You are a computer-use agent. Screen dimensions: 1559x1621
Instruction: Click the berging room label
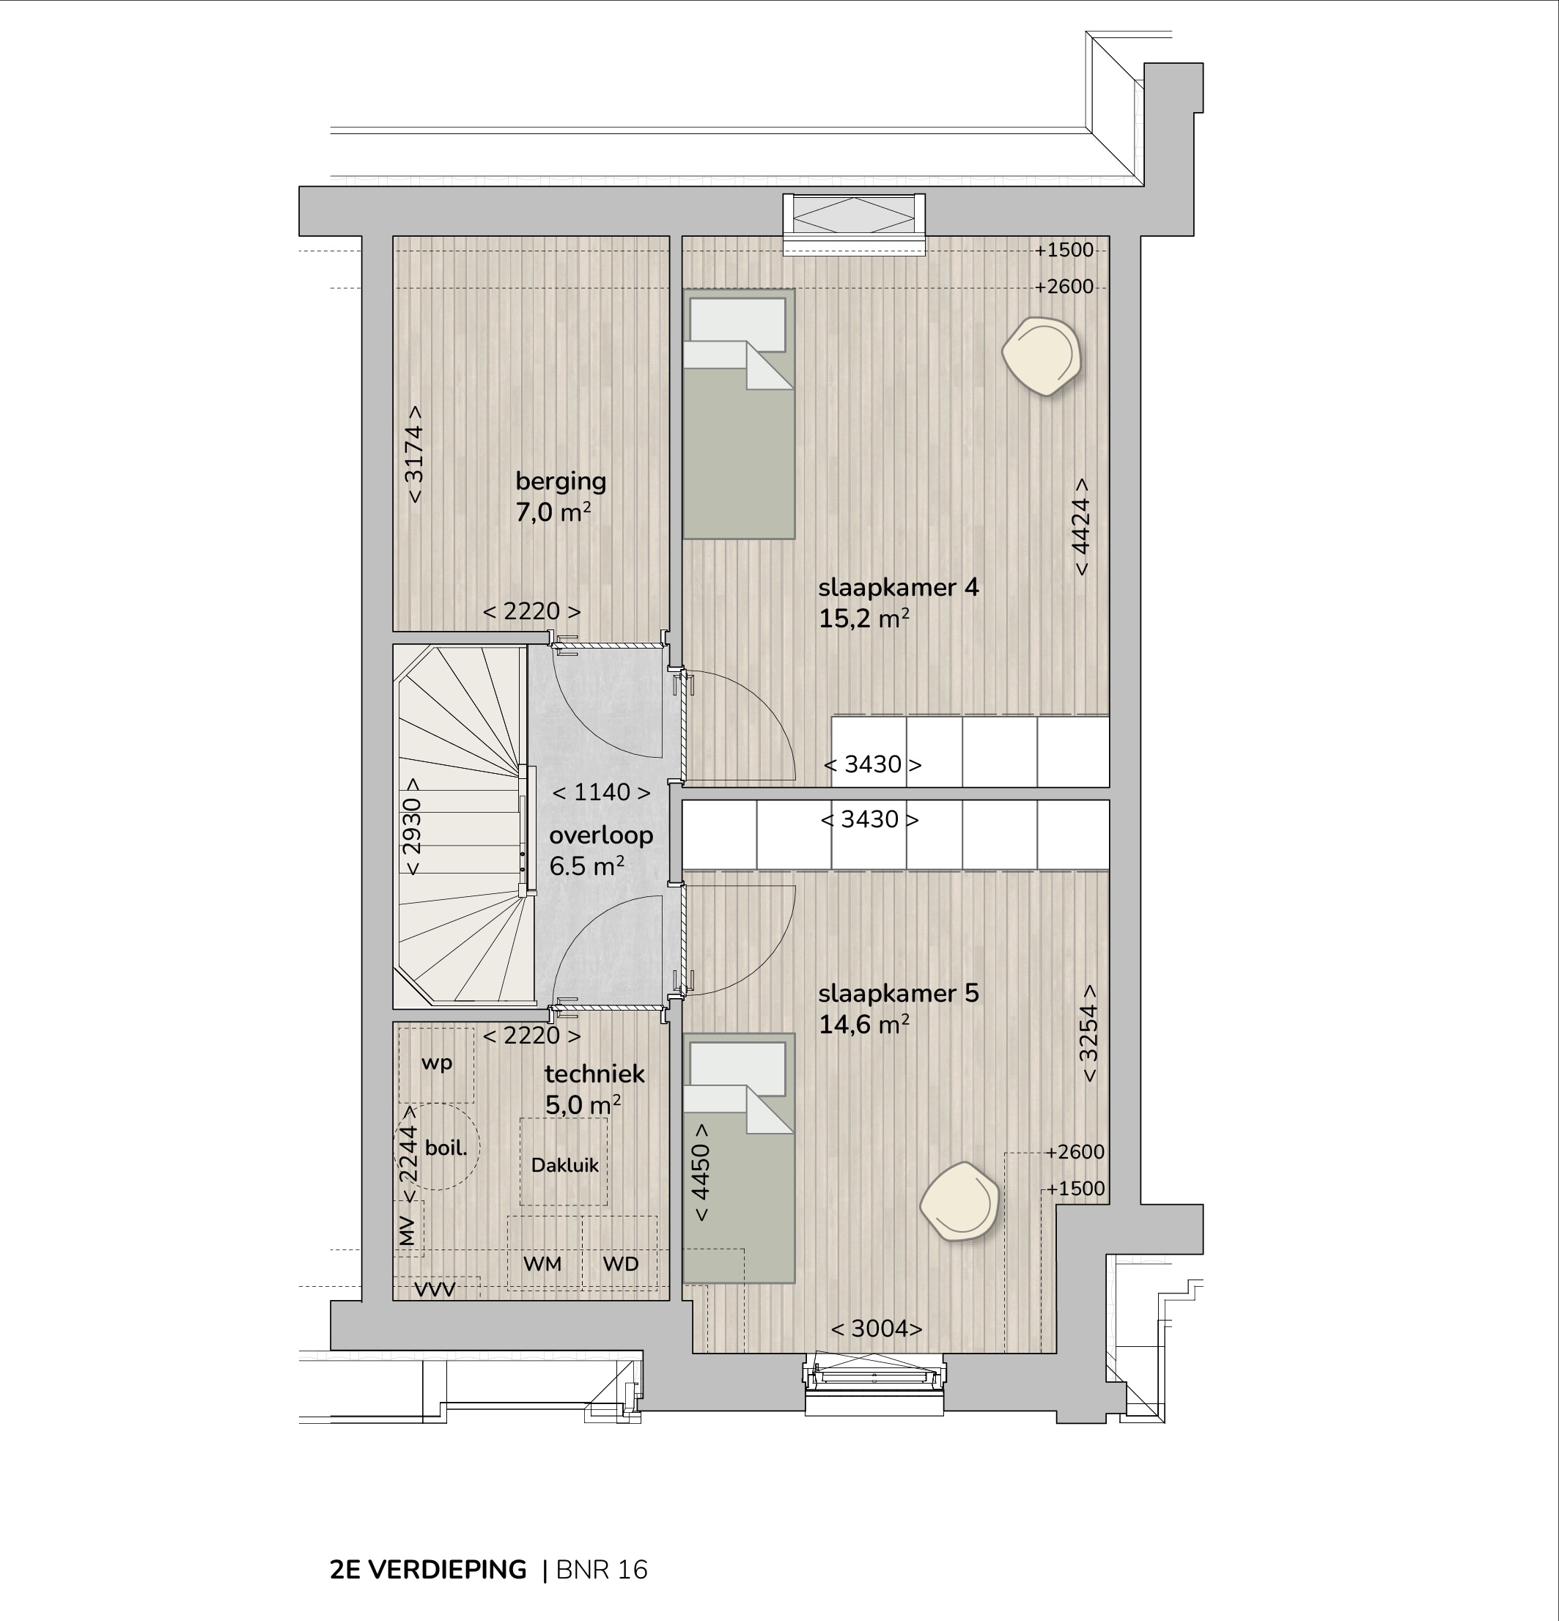[561, 481]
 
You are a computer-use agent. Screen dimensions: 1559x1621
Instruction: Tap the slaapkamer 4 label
[898, 587]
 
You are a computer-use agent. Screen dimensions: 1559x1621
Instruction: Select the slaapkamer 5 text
[898, 992]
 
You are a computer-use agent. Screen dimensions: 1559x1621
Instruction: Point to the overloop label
[601, 835]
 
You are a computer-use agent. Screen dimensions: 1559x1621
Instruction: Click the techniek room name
[594, 1074]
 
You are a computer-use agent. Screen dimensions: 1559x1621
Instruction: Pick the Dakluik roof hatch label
[565, 1165]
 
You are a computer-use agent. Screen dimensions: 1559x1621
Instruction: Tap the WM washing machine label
[542, 1263]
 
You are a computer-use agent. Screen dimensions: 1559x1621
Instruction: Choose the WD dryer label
[620, 1263]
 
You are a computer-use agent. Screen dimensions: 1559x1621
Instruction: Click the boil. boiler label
[446, 1148]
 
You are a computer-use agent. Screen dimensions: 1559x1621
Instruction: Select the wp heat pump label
[437, 1063]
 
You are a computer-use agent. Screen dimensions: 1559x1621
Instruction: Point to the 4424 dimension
[1081, 527]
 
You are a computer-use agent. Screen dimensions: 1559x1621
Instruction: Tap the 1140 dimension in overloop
[601, 792]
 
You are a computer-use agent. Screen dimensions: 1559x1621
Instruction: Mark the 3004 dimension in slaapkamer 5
[877, 1328]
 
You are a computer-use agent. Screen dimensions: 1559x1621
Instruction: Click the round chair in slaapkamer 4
[1042, 356]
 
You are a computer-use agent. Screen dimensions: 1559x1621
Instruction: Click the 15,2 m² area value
[864, 619]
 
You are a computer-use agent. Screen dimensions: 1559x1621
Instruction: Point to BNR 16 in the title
[602, 1570]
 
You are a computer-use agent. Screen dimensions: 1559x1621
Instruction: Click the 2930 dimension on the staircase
[412, 825]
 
